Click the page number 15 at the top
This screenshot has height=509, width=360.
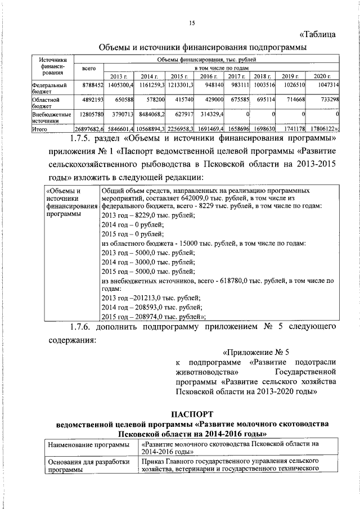click(191, 23)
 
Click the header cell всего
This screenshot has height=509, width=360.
click(89, 68)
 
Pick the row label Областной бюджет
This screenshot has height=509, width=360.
click(46, 102)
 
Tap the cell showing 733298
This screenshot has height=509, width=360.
click(326, 99)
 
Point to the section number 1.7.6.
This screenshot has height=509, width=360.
click(83, 326)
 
